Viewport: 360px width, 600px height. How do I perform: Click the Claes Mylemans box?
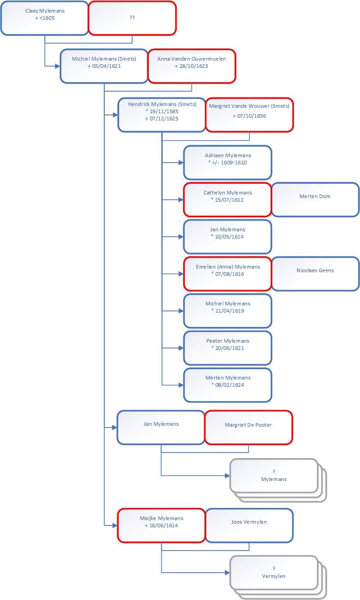44,18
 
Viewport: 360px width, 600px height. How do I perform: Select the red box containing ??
132,18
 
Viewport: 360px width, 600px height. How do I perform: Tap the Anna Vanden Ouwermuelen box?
191,66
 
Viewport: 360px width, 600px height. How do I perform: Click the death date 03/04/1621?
107,66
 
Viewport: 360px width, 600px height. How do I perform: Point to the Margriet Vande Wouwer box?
249,115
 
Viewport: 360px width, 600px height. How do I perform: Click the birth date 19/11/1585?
164,111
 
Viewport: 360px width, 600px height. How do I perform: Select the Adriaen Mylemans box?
227,163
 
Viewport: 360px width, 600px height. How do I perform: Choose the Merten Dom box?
315,199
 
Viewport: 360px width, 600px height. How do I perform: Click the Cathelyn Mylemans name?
227,193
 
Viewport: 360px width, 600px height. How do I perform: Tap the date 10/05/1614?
229,237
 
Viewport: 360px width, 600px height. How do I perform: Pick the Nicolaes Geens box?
315,274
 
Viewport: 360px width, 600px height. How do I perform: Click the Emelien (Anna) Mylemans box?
227,274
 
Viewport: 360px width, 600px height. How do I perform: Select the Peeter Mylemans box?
227,348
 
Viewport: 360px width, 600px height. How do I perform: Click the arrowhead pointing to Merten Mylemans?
181,385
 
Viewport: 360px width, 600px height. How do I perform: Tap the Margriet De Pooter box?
249,428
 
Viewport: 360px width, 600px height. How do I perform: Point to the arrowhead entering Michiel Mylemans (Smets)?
58,66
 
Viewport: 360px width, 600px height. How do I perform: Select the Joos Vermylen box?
249,525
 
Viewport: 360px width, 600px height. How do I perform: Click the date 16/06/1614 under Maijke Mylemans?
163,525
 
